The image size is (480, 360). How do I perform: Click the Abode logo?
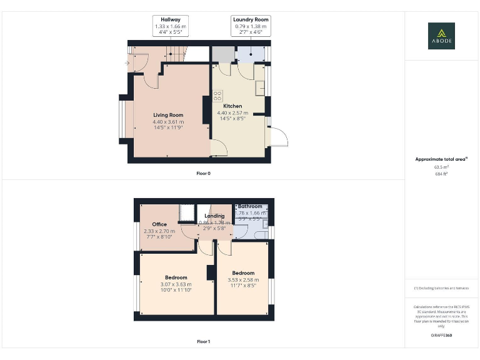click(441, 36)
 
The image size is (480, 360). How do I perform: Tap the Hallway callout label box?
click(171, 26)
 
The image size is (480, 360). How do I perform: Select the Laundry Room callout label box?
click(250, 26)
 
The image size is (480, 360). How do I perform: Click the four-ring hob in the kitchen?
click(217, 96)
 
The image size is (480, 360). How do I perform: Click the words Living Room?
click(168, 115)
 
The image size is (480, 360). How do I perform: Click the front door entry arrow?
click(128, 63)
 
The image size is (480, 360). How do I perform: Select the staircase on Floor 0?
click(175, 54)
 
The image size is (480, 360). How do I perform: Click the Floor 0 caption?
click(203, 173)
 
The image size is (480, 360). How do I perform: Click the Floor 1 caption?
click(203, 342)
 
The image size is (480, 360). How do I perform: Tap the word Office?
click(159, 224)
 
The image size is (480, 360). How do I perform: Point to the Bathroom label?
click(250, 206)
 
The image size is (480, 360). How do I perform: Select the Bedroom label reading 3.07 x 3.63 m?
click(176, 284)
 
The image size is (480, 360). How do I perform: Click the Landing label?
click(214, 216)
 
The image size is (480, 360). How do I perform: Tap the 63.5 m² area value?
click(441, 167)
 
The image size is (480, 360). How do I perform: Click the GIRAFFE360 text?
click(441, 336)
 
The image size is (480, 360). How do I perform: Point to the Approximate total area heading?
click(441, 159)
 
